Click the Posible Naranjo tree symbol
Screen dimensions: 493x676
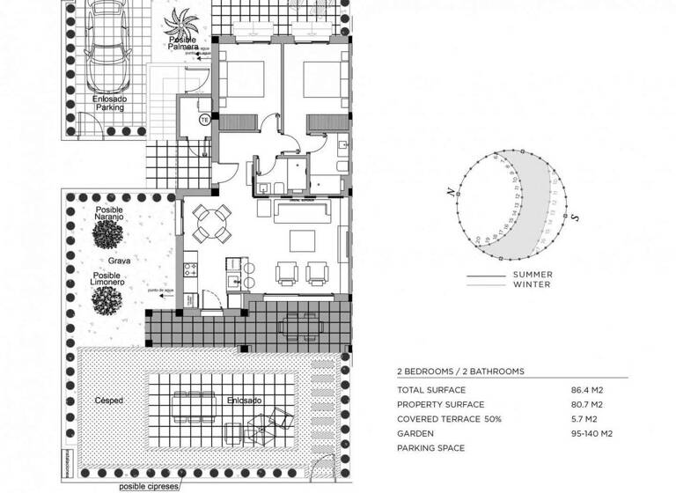110,235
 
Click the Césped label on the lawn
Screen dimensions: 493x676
108,401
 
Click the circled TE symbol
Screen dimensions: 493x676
204,120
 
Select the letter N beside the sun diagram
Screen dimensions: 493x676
451,192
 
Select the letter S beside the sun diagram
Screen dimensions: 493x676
574,217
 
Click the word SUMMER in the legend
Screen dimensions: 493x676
532,275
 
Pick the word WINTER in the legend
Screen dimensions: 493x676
532,284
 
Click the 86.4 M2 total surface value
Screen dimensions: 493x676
588,389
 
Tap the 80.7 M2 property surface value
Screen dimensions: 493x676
588,404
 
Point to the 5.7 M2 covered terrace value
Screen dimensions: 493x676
584,419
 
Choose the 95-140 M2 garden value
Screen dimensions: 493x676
591,434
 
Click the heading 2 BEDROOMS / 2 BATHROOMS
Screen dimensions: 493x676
460,372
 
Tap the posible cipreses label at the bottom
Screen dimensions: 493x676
149,486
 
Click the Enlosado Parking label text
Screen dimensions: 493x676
109,103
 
